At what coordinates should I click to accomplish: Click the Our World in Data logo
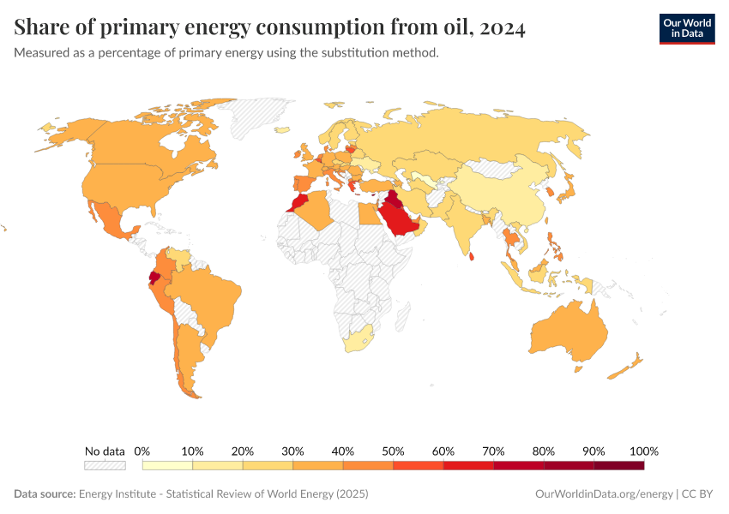coord(686,28)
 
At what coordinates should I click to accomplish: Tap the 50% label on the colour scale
coord(393,451)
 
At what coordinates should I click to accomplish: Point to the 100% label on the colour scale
coord(643,451)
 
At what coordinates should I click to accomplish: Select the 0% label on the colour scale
coord(143,451)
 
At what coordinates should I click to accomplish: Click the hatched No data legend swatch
coord(105,465)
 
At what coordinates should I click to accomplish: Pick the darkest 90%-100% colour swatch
coord(618,465)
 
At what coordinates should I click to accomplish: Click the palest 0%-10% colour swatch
coord(167,465)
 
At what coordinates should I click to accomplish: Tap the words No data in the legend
coord(105,451)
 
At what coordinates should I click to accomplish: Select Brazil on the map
coord(206,296)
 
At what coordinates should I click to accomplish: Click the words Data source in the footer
coord(45,494)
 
